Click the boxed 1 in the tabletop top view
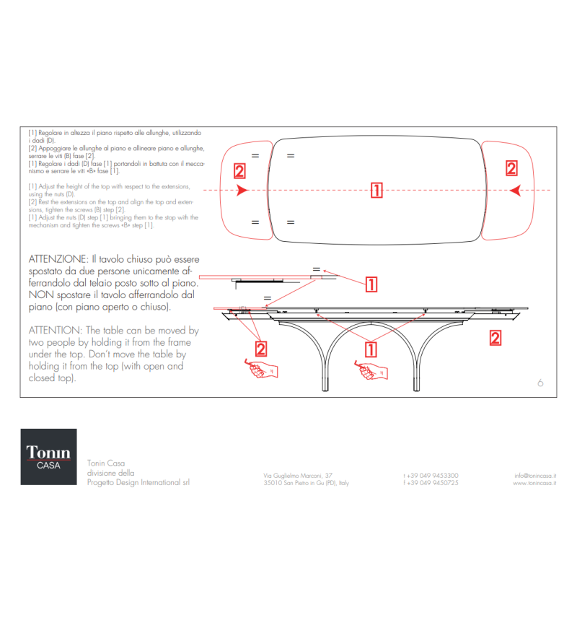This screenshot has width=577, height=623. tap(376, 190)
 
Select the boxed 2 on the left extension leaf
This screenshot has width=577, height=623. tap(239, 171)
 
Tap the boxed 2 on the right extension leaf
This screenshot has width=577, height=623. tap(511, 168)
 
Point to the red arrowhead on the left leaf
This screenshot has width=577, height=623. tap(242, 190)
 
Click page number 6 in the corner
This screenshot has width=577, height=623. tap(539, 383)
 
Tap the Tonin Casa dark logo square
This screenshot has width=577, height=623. tap(48, 456)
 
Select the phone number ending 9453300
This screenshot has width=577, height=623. tap(431, 475)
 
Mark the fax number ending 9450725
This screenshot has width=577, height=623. tap(431, 483)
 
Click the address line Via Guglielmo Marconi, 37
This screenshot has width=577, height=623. tap(298, 475)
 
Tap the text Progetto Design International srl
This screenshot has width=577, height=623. tap(138, 482)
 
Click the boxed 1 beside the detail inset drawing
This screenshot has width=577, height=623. tap(370, 284)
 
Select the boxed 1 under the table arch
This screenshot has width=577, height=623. tap(370, 349)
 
